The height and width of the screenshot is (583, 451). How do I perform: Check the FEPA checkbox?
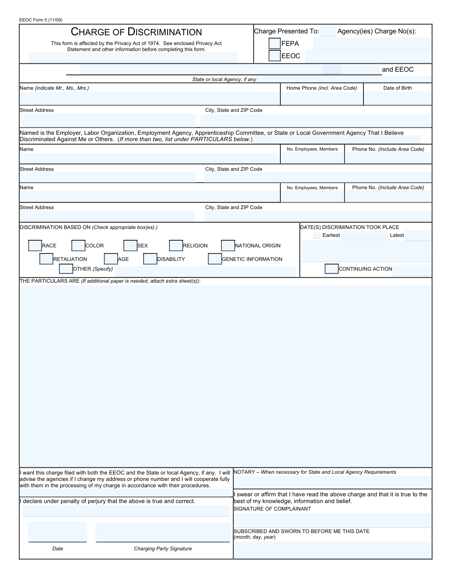275,44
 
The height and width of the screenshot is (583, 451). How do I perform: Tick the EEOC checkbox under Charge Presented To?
275,56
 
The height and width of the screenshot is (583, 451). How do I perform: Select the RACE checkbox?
35,246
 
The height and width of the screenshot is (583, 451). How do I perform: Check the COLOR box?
78,246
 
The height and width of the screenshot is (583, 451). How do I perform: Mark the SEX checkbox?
130,246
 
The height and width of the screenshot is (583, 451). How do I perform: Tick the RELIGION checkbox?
176,246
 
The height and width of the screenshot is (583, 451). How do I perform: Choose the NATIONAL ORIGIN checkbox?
228,246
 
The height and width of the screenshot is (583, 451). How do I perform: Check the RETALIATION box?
46,259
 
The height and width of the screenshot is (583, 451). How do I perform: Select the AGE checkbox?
111,259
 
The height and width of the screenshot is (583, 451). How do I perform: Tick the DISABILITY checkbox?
150,259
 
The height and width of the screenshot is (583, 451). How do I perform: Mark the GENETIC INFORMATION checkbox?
215,259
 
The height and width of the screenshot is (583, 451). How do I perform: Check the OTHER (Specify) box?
66,269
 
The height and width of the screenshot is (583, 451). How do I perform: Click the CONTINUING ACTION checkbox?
331,269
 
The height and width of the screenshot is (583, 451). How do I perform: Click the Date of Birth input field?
398,98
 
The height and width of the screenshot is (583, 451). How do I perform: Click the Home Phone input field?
322,98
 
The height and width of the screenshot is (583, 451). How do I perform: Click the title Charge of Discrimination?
136,32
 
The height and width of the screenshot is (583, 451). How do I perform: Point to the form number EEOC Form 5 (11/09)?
41,20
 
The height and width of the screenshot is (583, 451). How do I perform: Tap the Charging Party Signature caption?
163,549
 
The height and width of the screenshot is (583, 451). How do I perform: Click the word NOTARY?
244,472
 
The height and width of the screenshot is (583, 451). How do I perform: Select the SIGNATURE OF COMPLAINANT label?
272,509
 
